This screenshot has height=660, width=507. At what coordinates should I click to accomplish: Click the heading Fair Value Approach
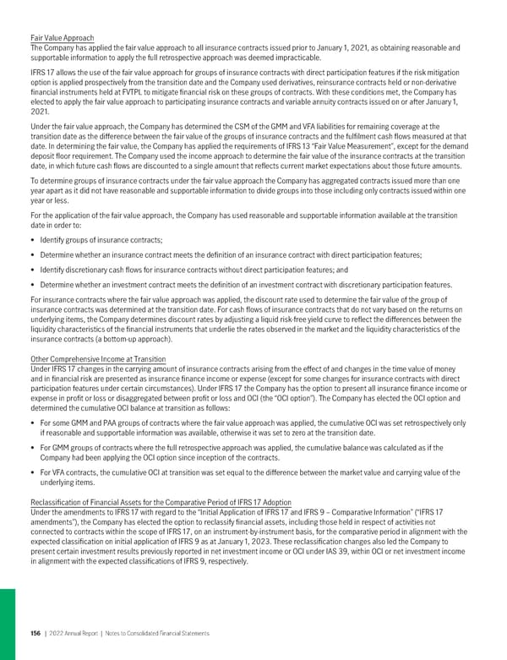(x=62, y=38)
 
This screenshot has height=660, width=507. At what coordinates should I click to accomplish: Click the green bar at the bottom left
(x=7, y=625)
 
